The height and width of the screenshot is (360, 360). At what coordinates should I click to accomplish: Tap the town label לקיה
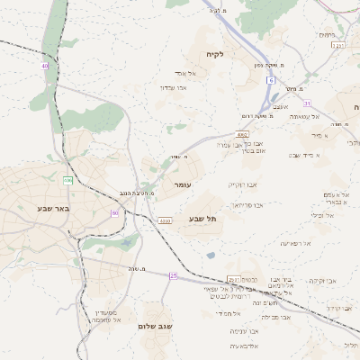(215, 54)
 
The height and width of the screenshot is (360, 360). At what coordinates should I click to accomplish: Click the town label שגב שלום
(155, 326)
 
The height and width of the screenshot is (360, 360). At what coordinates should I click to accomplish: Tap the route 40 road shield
(44, 66)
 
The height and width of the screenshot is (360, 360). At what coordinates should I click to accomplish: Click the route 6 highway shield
(269, 81)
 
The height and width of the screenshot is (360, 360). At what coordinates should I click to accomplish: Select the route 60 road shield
(115, 212)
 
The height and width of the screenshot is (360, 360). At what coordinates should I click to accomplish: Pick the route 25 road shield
(174, 276)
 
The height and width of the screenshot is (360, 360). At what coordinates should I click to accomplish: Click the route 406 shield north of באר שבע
(67, 181)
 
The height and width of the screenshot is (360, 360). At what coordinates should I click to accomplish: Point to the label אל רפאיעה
(295, 243)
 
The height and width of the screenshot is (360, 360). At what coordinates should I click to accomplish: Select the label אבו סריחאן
(247, 205)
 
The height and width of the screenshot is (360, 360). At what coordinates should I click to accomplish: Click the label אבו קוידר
(338, 308)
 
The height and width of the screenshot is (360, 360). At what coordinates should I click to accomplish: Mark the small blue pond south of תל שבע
(211, 256)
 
